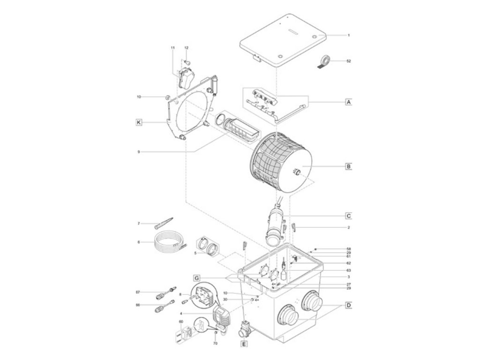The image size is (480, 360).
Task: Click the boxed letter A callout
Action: tap(348, 101)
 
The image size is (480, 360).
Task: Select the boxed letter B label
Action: tap(348, 166)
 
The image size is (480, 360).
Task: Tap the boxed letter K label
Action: tap(138, 122)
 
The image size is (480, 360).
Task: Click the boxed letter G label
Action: tap(196, 277)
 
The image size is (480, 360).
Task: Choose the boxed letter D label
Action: tap(348, 306)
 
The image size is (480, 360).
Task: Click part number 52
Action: tap(348, 61)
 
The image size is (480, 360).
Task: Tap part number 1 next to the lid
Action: tap(348, 35)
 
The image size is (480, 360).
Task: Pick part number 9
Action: tap(139, 152)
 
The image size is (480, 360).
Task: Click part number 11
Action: tap(172, 48)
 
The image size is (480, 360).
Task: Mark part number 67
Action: tap(138, 292)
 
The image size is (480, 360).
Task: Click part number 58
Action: tap(348, 249)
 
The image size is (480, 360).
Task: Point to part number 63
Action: tap(348, 270)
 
